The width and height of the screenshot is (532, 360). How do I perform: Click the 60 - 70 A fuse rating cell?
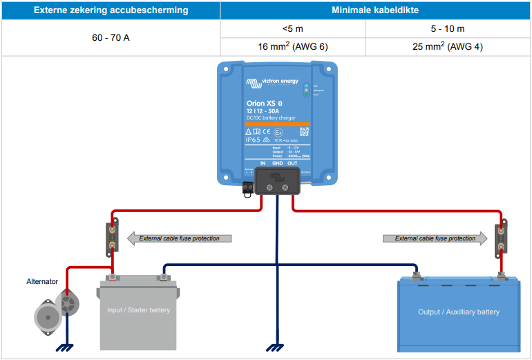111,37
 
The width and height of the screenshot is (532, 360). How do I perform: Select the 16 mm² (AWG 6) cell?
292,46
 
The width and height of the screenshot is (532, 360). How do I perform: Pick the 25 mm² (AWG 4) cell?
447,46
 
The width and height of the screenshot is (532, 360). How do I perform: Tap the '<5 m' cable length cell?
292,28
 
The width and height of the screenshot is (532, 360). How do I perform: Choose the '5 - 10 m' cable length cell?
447,28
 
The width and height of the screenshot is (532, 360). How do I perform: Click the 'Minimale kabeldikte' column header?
375,10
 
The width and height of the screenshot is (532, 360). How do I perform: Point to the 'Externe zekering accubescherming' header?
111,10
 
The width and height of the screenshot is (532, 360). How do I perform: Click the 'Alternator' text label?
42,281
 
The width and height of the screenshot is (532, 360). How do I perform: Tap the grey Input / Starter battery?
138,314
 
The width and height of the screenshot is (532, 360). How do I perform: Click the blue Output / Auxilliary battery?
458,314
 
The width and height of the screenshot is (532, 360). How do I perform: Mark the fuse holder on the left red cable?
111,238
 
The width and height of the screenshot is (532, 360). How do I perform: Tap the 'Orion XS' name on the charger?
260,104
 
